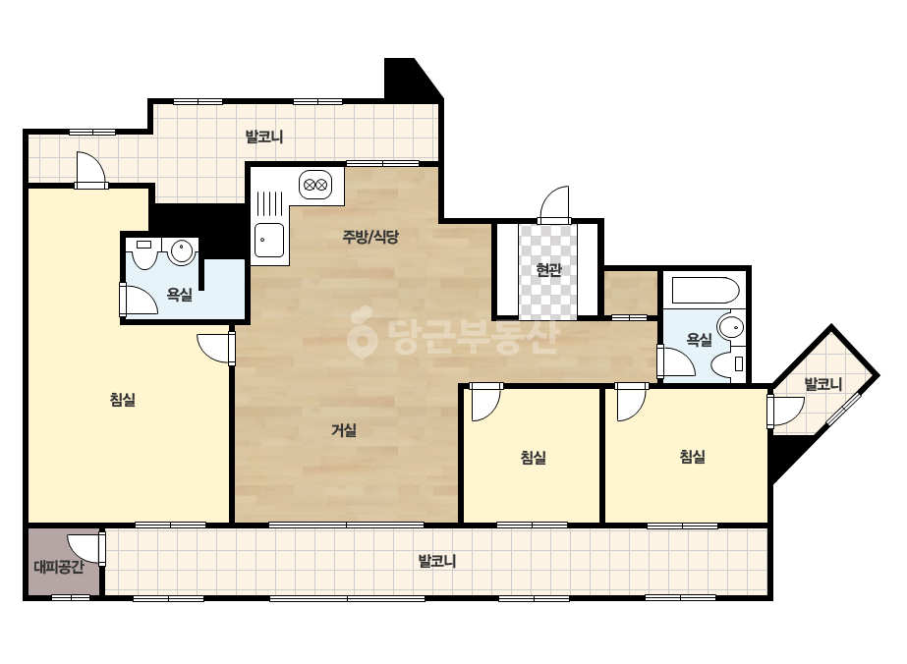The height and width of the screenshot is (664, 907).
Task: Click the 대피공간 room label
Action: click(x=58, y=566)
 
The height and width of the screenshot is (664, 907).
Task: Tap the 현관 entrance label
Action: click(x=548, y=269)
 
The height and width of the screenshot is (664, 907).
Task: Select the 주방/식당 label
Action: click(x=370, y=236)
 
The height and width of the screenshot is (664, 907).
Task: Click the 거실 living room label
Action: click(x=344, y=430)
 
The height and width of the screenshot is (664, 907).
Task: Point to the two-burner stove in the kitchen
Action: click(x=315, y=185)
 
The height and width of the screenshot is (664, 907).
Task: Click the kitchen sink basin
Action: click(x=269, y=240)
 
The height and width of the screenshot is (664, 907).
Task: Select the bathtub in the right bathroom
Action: click(x=705, y=291)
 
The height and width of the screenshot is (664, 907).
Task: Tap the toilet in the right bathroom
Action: click(x=728, y=363)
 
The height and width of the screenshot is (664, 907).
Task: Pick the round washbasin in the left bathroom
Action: click(x=182, y=251)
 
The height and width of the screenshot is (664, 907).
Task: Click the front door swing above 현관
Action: click(x=554, y=204)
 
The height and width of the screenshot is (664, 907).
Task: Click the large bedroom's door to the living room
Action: click(x=216, y=348)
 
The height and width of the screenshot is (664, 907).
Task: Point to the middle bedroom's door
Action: click(x=485, y=402)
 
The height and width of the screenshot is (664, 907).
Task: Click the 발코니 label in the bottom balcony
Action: click(x=437, y=561)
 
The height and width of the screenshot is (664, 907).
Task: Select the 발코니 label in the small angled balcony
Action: click(x=823, y=383)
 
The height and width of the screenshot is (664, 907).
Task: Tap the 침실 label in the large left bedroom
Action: click(x=123, y=399)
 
